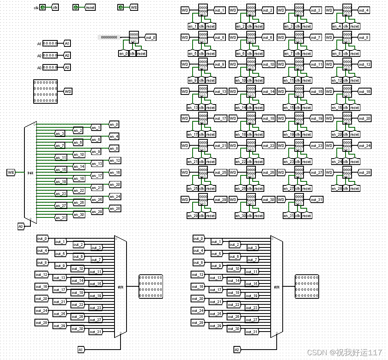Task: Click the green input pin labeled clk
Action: pos(42,7)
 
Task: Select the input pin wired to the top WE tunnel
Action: pos(121,7)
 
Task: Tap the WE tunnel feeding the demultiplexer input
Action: pos(11,172)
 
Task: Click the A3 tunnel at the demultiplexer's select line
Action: pos(21,227)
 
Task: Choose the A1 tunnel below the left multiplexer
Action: pos(81,350)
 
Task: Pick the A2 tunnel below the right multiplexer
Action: pos(237,350)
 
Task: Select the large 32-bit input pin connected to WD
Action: pos(45,91)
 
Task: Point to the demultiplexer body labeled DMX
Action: pos(30,172)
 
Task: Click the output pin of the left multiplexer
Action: pos(151,286)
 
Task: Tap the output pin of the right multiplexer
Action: pos(307,286)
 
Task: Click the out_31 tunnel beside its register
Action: pos(316,199)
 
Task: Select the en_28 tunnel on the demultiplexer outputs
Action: pos(115,209)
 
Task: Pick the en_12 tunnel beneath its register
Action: pos(336,80)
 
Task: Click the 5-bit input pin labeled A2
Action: pos(50,55)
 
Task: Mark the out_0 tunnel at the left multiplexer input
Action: pos(42,239)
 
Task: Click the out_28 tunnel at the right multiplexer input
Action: pos(198,323)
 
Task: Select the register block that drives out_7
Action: pos(299,37)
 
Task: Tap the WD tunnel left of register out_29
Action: pos(185,199)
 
